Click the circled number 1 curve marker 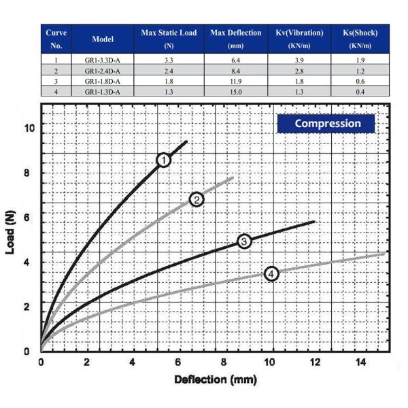[x=163, y=160]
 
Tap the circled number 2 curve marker [x=197, y=199]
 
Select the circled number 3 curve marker [x=245, y=241]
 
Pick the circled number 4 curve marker [x=271, y=273]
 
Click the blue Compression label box [x=327, y=124]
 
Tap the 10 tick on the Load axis [x=27, y=127]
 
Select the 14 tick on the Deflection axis [x=362, y=362]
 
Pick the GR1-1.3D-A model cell [x=103, y=90]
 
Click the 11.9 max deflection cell [x=236, y=81]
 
